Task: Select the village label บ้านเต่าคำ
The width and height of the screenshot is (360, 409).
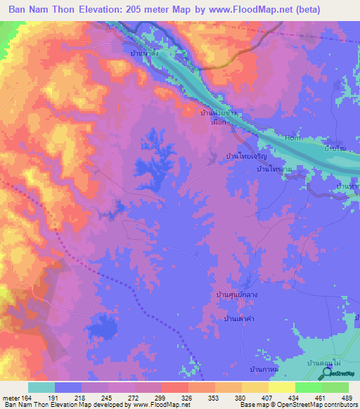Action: click(x=238, y=320)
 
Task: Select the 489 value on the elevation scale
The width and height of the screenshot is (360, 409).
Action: click(x=343, y=397)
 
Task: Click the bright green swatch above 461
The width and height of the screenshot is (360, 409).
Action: click(x=308, y=387)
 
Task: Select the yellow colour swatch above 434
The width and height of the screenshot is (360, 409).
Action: click(x=281, y=387)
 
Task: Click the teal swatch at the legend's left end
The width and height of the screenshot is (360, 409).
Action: click(x=41, y=387)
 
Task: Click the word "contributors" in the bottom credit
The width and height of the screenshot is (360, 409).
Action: click(x=340, y=405)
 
